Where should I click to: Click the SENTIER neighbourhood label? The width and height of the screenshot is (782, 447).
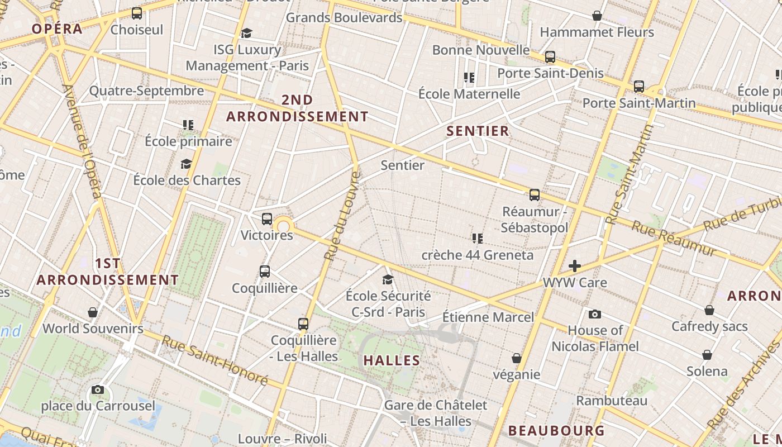click(478, 131)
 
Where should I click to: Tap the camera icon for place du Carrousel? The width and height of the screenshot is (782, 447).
click(98, 389)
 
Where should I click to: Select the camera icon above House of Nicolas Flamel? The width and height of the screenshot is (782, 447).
click(595, 314)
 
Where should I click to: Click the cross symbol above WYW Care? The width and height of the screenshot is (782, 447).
click(575, 266)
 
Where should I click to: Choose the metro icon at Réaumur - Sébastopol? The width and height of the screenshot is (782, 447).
click(535, 195)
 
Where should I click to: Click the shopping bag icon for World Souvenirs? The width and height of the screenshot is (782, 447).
click(93, 312)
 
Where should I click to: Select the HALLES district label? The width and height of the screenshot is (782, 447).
click(392, 360)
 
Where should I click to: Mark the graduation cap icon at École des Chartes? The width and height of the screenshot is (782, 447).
click(186, 164)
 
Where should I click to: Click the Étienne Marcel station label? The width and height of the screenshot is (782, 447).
click(488, 317)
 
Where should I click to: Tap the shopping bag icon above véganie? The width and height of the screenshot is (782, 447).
click(517, 358)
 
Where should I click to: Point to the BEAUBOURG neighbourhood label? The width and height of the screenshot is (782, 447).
click(556, 431)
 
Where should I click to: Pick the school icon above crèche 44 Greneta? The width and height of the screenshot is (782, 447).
click(477, 239)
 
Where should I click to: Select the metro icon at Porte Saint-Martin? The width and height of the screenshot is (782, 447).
click(639, 87)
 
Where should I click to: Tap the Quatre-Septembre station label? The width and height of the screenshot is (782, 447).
click(146, 91)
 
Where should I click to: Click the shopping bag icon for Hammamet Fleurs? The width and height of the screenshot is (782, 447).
click(597, 16)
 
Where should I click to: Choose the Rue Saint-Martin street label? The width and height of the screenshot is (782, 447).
click(630, 174)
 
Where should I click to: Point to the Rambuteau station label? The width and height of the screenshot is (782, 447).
click(612, 401)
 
